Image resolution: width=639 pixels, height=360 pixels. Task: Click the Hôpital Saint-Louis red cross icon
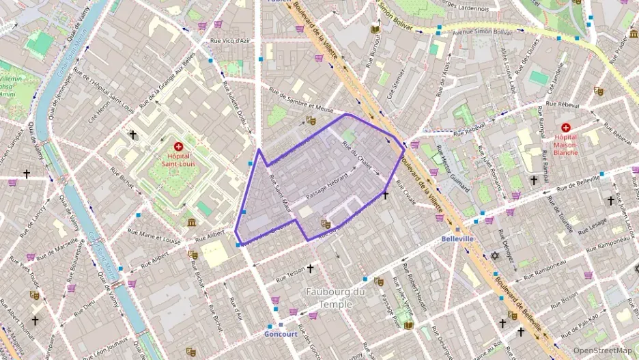(x=178, y=146)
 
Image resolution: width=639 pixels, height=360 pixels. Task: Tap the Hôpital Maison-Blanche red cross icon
(x=565, y=128)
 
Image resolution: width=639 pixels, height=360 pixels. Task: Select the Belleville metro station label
(x=457, y=239)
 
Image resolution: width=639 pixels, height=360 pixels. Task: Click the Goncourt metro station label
(x=281, y=334)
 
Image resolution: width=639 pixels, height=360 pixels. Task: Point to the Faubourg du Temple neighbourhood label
(x=335, y=299)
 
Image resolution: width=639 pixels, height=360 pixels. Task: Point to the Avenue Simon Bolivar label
(x=482, y=31)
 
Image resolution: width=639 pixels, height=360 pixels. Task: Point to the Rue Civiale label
(x=405, y=194)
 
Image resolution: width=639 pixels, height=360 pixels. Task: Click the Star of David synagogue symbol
(x=496, y=256)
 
